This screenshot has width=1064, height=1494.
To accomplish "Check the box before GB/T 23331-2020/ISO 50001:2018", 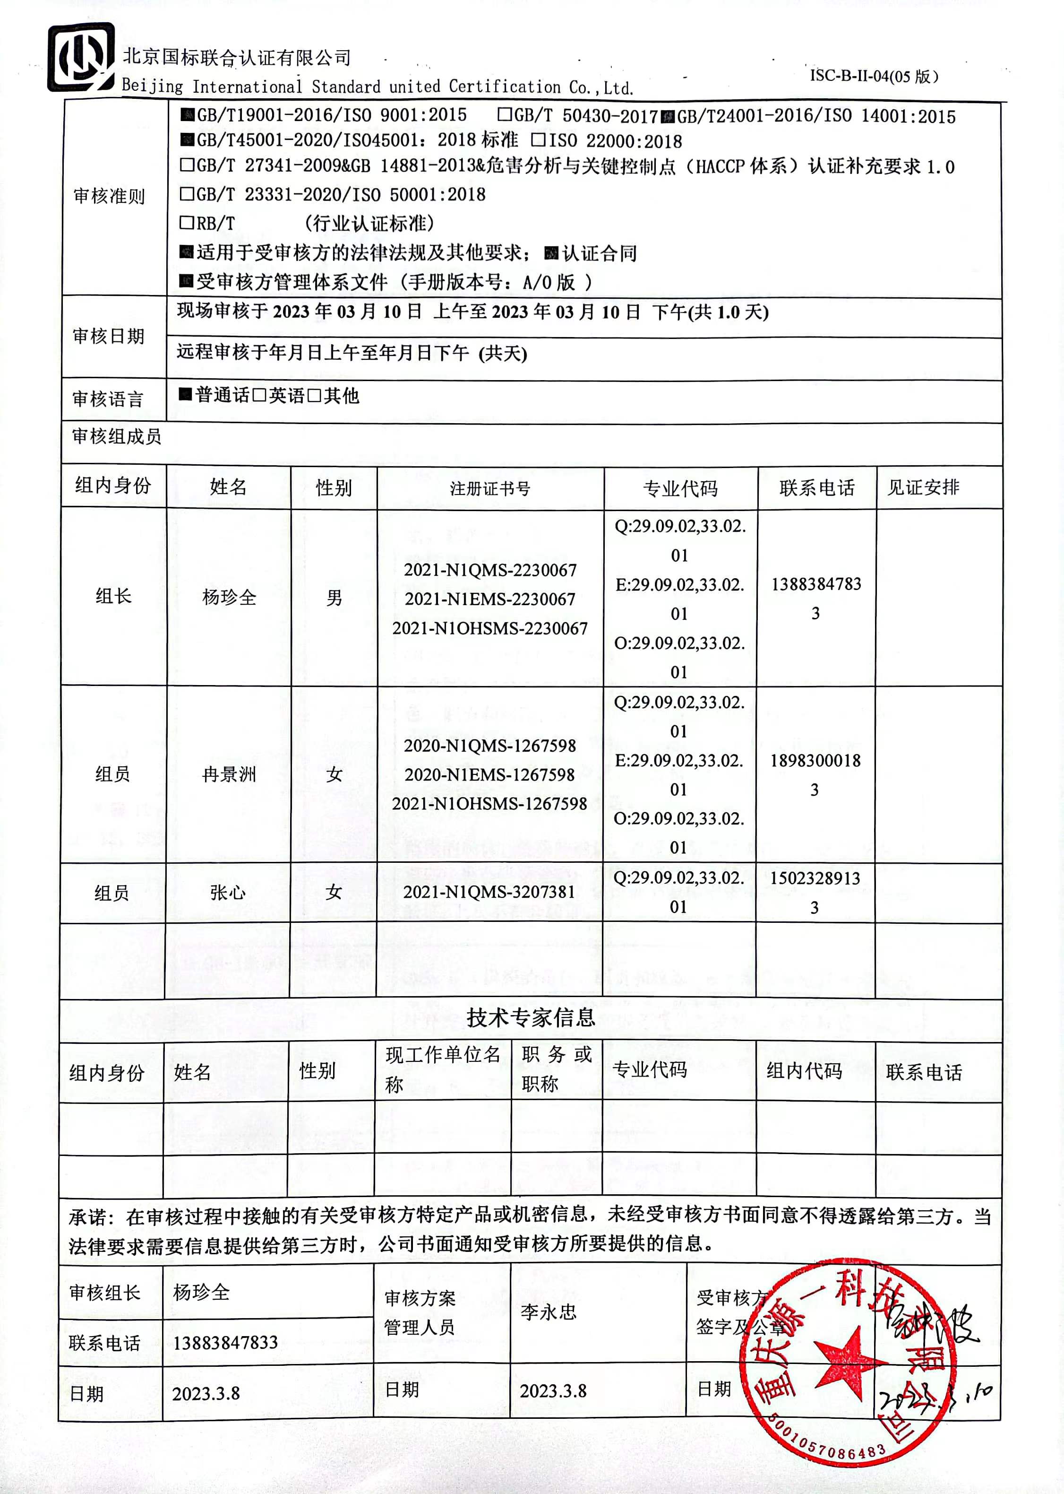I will [x=187, y=193].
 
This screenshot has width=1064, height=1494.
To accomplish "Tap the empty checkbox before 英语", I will [x=259, y=395].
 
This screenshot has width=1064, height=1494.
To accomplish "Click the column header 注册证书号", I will [x=489, y=488].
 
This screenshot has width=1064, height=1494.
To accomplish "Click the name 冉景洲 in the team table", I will [x=229, y=774].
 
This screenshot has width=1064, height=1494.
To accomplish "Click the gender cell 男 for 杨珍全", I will [x=334, y=597].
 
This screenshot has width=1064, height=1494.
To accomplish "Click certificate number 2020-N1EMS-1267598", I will [x=489, y=774].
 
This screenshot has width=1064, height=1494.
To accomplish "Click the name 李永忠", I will [x=549, y=1312].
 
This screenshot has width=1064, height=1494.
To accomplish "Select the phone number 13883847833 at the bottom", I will [x=225, y=1343].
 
